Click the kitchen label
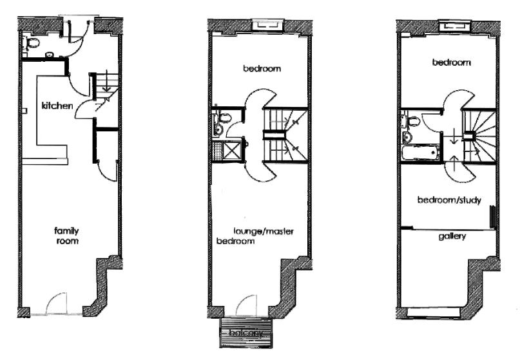tap(57, 106)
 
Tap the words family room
tap(66, 236)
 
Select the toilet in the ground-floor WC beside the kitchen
tap(33, 43)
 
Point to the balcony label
tap(246, 332)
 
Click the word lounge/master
tap(264, 231)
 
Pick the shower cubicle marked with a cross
tap(232, 151)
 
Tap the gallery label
tap(452, 236)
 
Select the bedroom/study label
tap(449, 200)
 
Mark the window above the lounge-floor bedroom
tap(267, 25)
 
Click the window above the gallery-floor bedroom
tap(455, 26)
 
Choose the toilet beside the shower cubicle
tap(224, 118)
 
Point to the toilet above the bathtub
tap(413, 120)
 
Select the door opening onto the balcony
tap(247, 305)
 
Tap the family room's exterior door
tap(56, 303)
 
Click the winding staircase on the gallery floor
tap(479, 137)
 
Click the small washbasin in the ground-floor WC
tap(50, 54)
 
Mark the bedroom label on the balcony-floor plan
tap(262, 69)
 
